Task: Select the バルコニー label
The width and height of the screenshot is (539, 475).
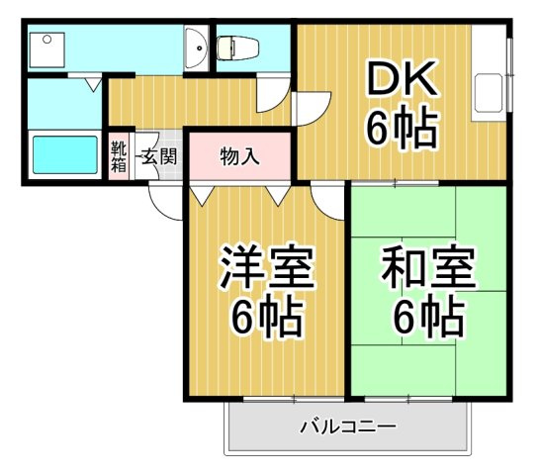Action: (x=347, y=428)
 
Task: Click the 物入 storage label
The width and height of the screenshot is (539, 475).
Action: (x=239, y=155)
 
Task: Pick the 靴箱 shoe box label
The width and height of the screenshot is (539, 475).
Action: (x=119, y=157)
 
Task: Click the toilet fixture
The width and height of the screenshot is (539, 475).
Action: (x=237, y=46)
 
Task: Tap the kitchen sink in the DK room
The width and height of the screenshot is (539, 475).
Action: (x=489, y=91)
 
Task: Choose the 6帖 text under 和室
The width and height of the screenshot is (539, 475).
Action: (x=427, y=317)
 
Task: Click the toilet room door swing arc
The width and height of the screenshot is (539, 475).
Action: (x=273, y=98)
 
